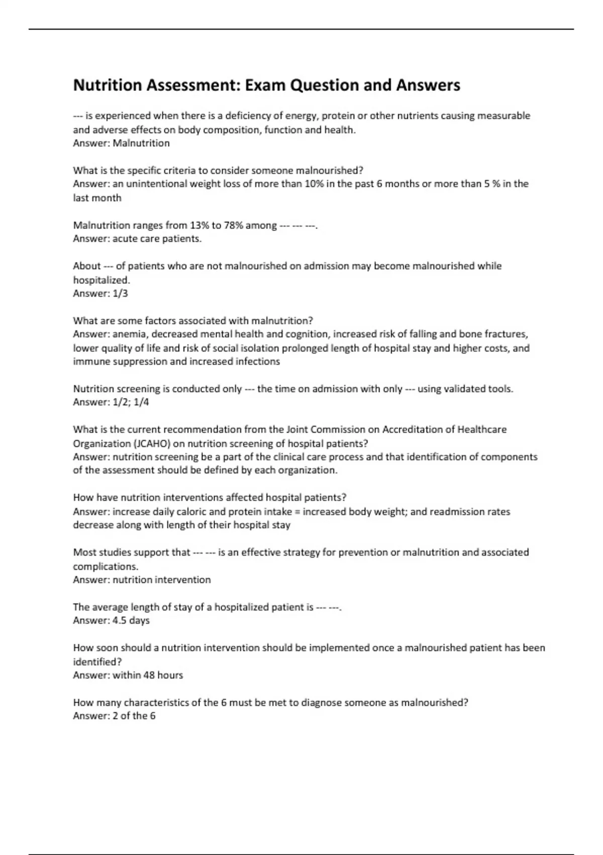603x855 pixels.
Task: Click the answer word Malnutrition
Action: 141,143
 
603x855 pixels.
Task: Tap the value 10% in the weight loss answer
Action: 314,184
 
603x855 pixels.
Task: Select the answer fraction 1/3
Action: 120,293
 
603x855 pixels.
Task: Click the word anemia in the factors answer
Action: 129,334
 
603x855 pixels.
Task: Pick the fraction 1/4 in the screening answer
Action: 142,402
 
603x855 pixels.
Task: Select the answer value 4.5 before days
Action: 120,621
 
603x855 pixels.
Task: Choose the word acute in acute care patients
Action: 125,239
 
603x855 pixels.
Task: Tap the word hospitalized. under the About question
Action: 102,280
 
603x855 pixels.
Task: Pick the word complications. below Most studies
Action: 106,566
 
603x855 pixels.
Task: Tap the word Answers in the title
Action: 428,85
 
